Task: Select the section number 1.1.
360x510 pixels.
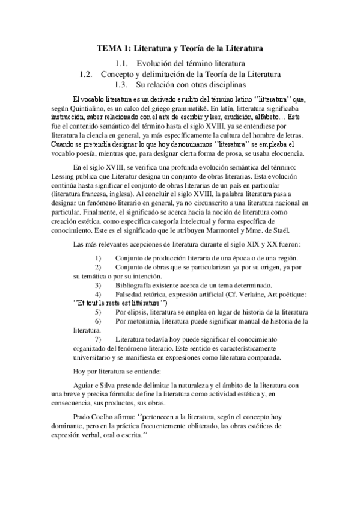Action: coord(121,63)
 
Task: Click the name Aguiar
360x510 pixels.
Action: coord(85,385)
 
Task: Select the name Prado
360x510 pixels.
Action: coord(82,414)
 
